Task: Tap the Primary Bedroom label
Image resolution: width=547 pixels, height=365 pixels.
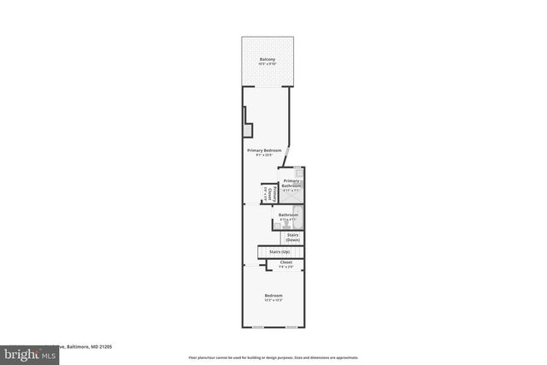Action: tap(264, 150)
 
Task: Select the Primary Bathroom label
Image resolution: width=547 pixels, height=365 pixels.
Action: tap(291, 183)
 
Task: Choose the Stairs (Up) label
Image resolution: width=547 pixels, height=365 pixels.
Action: tap(279, 252)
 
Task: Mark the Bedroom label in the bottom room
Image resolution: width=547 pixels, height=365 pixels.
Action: tap(273, 295)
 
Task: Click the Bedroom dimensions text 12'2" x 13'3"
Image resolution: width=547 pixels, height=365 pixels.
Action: tap(273, 300)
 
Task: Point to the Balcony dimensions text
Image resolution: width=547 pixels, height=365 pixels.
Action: tap(268, 65)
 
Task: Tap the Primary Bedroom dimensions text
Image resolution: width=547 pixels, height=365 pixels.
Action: tap(264, 156)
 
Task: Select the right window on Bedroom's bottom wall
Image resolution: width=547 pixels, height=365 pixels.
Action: tap(291, 327)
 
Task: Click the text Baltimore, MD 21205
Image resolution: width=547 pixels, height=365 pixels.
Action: tap(89, 347)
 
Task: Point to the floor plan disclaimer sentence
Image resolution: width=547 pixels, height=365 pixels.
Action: tap(273, 357)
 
